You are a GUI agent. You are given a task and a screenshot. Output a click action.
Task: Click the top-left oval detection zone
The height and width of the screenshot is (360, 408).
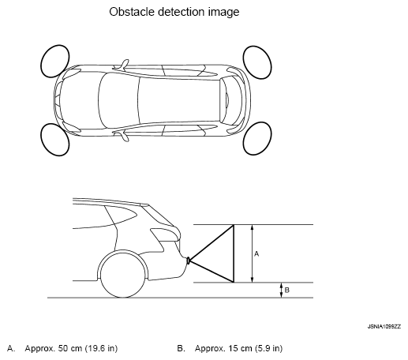tap(55, 61)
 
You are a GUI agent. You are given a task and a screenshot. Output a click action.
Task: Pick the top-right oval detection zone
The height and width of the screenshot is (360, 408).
tap(257, 62)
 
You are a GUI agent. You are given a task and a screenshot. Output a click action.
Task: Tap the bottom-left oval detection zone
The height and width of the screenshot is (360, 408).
tap(55, 140)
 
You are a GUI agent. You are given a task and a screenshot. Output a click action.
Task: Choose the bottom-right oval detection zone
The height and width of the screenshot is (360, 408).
tap(257, 138)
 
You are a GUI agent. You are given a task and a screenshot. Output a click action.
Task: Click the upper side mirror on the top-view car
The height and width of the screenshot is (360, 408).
tap(125, 64)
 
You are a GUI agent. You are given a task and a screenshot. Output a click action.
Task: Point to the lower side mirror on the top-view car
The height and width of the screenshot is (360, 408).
tap(125, 137)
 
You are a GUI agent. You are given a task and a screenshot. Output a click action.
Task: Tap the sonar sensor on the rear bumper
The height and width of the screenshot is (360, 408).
tap(189, 261)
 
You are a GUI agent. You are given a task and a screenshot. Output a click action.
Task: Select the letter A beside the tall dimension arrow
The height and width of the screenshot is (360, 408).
tap(256, 254)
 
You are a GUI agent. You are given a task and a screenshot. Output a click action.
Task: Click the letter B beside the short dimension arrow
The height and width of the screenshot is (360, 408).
tap(287, 290)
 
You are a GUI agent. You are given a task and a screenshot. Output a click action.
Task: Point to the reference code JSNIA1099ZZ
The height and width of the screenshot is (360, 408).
tap(384, 327)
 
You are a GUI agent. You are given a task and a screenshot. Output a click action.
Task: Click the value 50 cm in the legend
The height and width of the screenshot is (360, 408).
tap(70, 348)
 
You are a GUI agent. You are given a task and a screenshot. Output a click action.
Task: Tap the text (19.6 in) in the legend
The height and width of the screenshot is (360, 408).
tap(101, 348)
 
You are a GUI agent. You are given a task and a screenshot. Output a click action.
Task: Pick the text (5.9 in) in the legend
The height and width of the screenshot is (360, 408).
tap(269, 348)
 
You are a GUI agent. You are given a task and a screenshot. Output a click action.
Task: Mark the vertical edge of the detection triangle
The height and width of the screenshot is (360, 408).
tap(234, 253)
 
